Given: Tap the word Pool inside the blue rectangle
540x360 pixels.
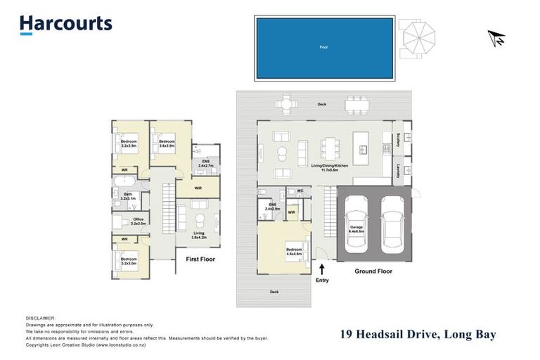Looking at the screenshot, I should pyautogui.click(x=323, y=48).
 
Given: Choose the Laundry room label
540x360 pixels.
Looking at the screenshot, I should pyautogui.click(x=399, y=170).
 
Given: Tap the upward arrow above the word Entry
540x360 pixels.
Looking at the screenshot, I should pyautogui.click(x=322, y=268).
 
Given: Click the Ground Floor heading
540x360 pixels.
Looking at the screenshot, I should pyautogui.click(x=374, y=271).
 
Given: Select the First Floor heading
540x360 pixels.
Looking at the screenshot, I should pyautogui.click(x=200, y=259).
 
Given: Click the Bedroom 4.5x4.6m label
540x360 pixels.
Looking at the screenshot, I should pyautogui.click(x=293, y=251).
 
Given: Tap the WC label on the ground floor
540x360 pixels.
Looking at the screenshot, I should pyautogui.click(x=299, y=191).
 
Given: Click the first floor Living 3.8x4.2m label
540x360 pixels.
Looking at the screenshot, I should pyautogui.click(x=200, y=236).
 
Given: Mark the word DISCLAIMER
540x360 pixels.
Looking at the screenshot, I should pyautogui.click(x=40, y=318).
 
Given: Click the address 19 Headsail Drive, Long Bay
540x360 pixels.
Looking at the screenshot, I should pyautogui.click(x=418, y=335).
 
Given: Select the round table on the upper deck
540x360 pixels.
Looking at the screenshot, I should pyautogui.click(x=286, y=104).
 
